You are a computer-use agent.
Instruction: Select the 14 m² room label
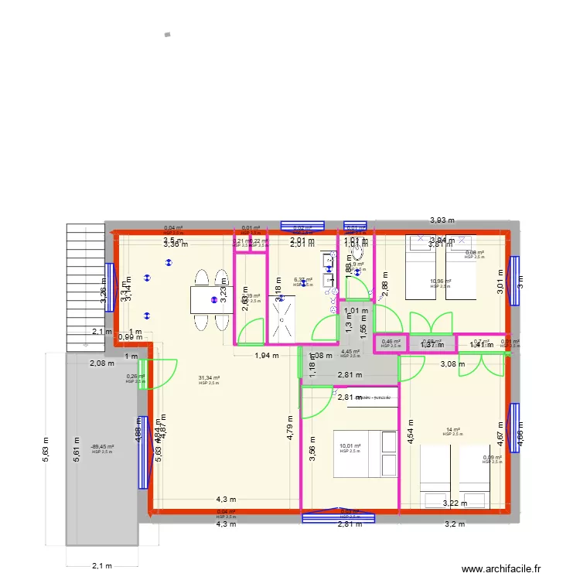click(x=452, y=430)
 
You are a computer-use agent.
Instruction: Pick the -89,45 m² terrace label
click(x=102, y=447)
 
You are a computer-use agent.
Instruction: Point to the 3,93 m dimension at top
click(x=442, y=220)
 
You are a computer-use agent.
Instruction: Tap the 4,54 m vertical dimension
click(x=411, y=432)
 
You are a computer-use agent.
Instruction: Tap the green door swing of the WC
click(x=358, y=288)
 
